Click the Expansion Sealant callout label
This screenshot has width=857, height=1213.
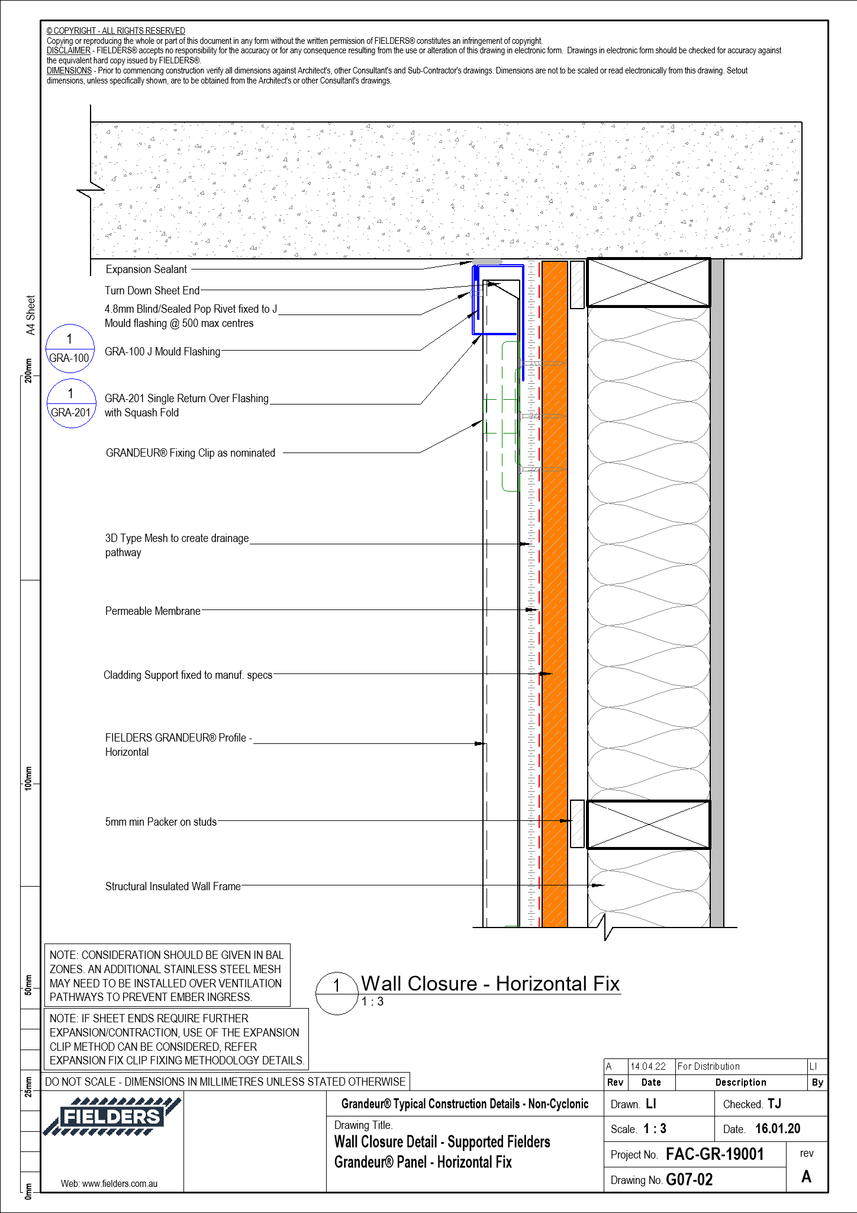(146, 269)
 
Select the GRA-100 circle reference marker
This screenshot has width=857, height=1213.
(70, 349)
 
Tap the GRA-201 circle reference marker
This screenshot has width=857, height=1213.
(71, 403)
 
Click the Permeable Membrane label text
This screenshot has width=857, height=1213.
(153, 611)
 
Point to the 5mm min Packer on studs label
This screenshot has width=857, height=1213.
(160, 822)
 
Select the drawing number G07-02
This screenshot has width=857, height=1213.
(689, 1180)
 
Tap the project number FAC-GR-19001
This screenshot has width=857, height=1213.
(714, 1154)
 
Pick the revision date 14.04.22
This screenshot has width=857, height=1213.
(648, 1066)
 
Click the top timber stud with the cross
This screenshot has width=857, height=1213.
(648, 283)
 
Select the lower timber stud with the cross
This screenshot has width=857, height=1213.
(648, 824)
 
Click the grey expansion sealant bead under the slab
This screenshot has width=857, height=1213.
(487, 262)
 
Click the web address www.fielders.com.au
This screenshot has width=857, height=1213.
(109, 1183)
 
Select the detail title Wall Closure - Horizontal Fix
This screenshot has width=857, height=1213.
(490, 984)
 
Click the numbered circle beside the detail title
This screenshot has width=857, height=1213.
(337, 993)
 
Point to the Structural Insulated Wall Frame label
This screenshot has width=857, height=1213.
(173, 887)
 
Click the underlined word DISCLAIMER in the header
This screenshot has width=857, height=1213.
(69, 51)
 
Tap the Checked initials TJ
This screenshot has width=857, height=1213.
(774, 1103)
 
